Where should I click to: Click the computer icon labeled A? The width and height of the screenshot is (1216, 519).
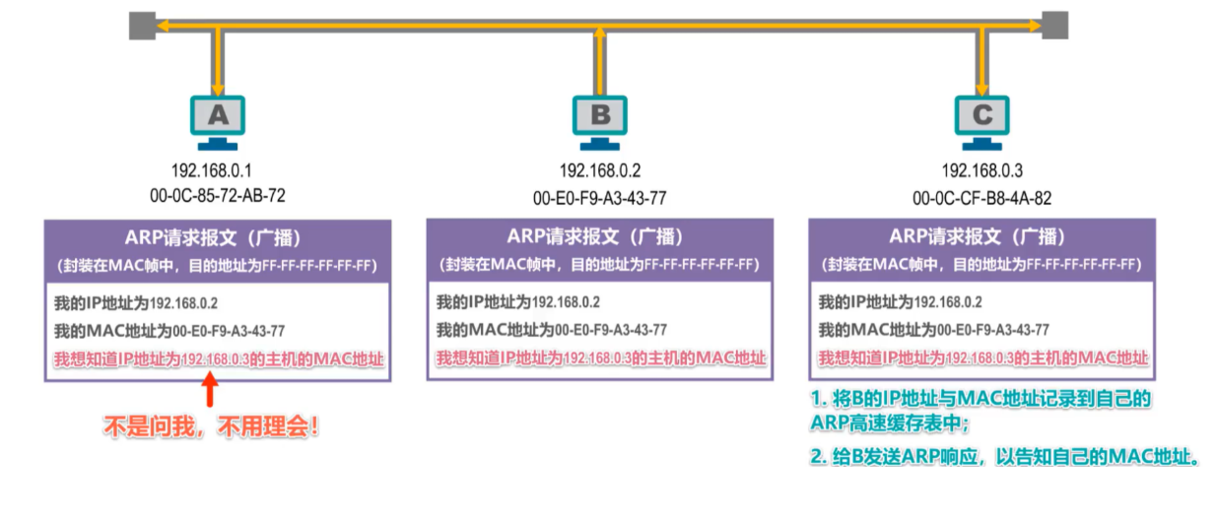(217, 119)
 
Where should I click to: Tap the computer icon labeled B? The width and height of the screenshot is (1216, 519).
(600, 119)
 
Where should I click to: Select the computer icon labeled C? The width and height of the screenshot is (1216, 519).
(982, 119)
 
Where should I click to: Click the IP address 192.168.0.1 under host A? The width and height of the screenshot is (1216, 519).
(218, 169)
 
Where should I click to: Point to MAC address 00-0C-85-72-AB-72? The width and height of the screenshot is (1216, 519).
(218, 195)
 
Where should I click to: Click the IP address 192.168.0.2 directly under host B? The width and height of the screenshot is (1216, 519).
(600, 169)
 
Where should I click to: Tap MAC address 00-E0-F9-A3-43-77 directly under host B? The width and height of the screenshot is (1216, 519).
(600, 197)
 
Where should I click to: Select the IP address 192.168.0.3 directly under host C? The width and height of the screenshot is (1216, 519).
(982, 169)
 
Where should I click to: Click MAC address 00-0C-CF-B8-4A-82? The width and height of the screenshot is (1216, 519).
(982, 197)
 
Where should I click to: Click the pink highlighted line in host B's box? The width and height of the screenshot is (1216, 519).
(600, 357)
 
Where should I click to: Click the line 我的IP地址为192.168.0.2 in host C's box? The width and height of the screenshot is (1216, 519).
(900, 302)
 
